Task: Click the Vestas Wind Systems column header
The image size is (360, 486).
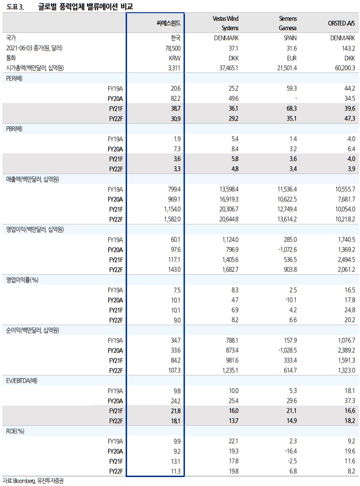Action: coord(225,23)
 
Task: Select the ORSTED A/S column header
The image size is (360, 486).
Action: coord(341,23)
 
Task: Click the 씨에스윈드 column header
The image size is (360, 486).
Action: coord(168,23)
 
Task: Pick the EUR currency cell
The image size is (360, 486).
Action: coord(292,58)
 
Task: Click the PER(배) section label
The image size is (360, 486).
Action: coord(15,78)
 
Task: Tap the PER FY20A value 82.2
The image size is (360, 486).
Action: coord(175,98)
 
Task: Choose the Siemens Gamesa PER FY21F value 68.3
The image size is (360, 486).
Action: coord(291,108)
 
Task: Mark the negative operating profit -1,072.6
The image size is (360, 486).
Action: coord(285,249)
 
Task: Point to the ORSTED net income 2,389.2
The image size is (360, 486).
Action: coord(344,350)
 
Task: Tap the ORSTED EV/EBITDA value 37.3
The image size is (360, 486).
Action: coord(349,400)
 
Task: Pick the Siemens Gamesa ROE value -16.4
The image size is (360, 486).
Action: coord(291,451)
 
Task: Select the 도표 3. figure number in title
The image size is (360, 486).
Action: coord(16,7)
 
